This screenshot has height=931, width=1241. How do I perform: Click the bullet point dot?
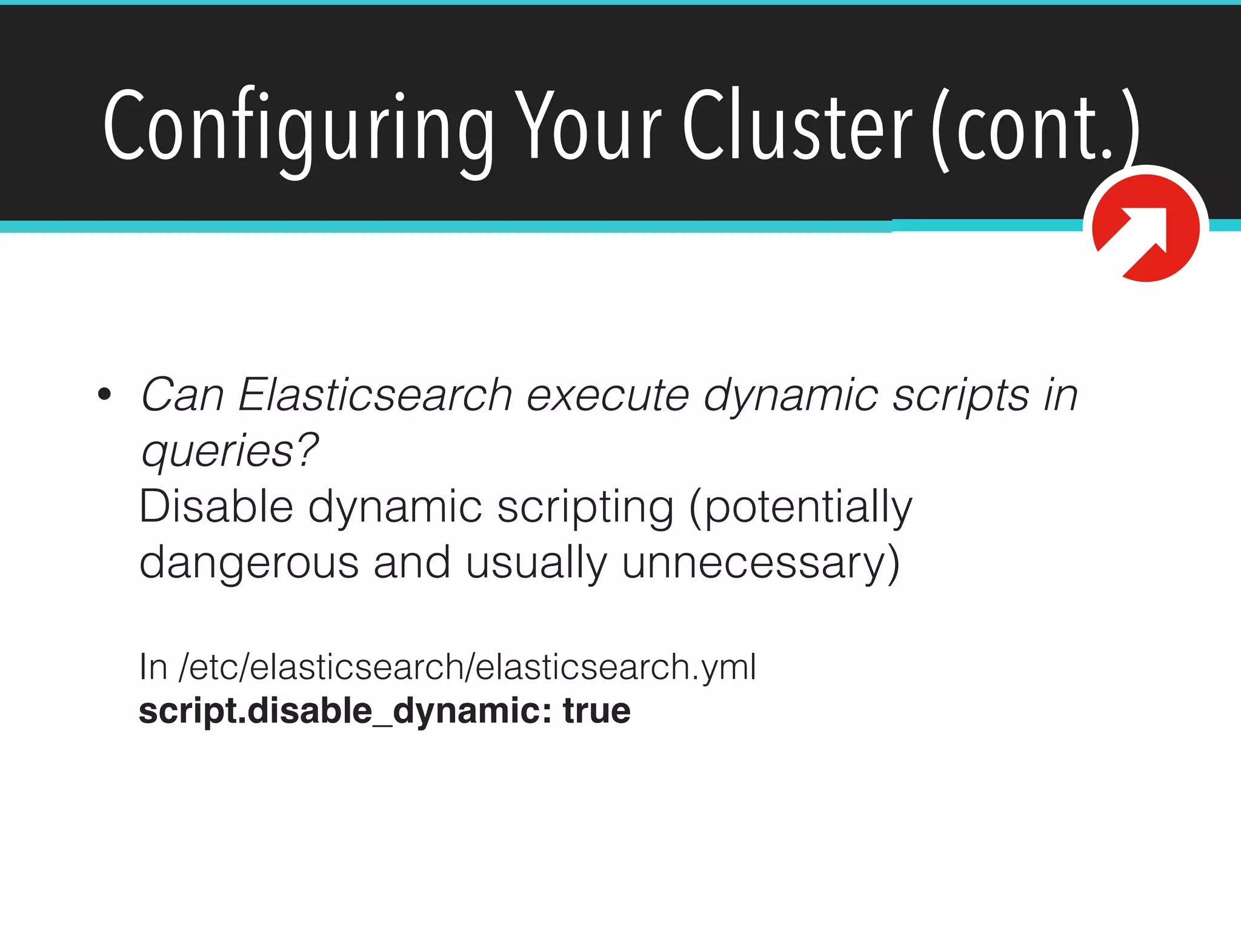[x=104, y=395]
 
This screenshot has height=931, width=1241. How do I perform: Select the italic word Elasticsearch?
[x=375, y=395]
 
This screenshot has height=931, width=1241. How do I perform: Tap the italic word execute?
[x=607, y=395]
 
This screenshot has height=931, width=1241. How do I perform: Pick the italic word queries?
[x=229, y=452]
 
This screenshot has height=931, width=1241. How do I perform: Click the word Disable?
[x=216, y=507]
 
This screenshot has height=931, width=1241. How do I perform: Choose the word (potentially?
[x=800, y=508]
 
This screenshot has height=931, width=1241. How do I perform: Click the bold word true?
[x=596, y=710]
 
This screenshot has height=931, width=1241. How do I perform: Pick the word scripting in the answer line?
[x=585, y=508]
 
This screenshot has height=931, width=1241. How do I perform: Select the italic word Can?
[x=182, y=395]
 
